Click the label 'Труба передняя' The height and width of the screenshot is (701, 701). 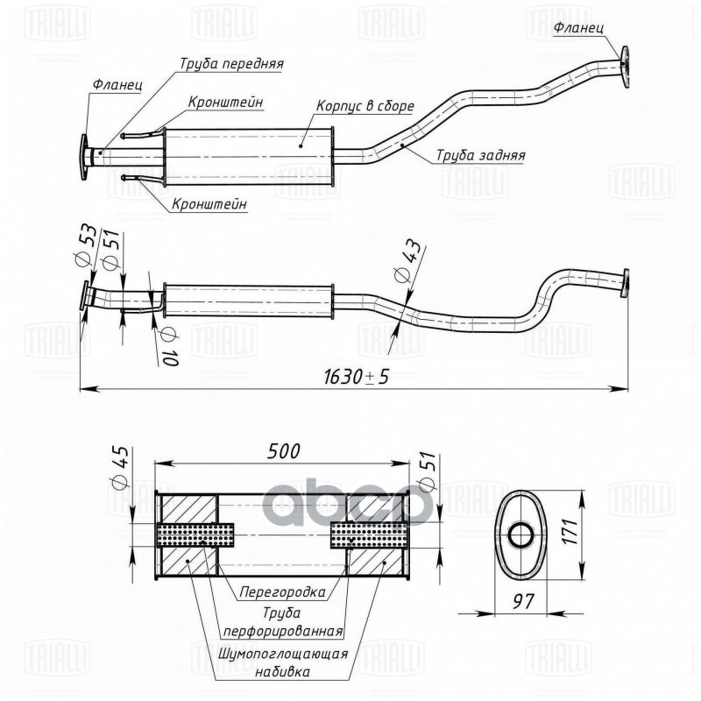click(x=231, y=64)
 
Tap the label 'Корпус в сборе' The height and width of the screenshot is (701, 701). click(x=365, y=106)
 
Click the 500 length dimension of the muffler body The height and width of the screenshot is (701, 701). click(x=284, y=451)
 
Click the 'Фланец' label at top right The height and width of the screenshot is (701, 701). click(x=578, y=28)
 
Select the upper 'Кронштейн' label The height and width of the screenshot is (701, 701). click(x=225, y=101)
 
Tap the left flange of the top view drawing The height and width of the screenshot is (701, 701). click(x=85, y=158)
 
